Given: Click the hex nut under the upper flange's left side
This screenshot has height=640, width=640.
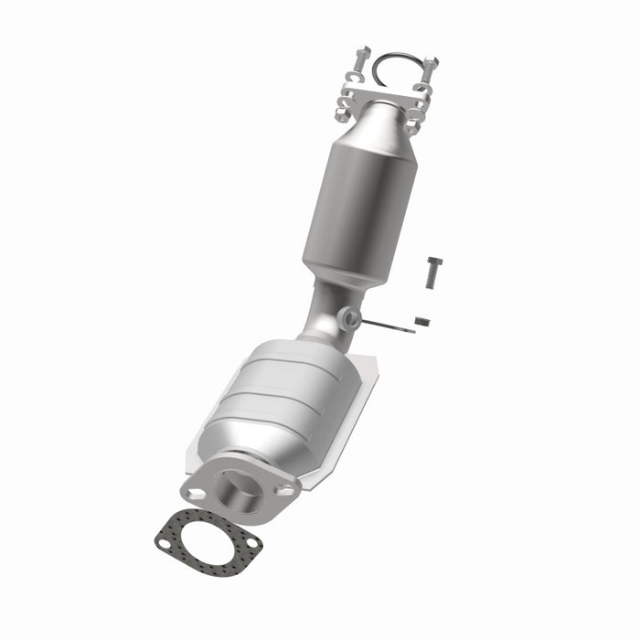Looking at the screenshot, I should click(343, 113).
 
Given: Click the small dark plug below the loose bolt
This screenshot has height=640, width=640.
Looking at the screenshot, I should click(421, 321).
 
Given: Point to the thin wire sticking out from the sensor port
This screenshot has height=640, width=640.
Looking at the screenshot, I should click(389, 325).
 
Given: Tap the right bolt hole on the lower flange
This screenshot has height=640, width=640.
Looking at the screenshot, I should click(287, 490).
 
